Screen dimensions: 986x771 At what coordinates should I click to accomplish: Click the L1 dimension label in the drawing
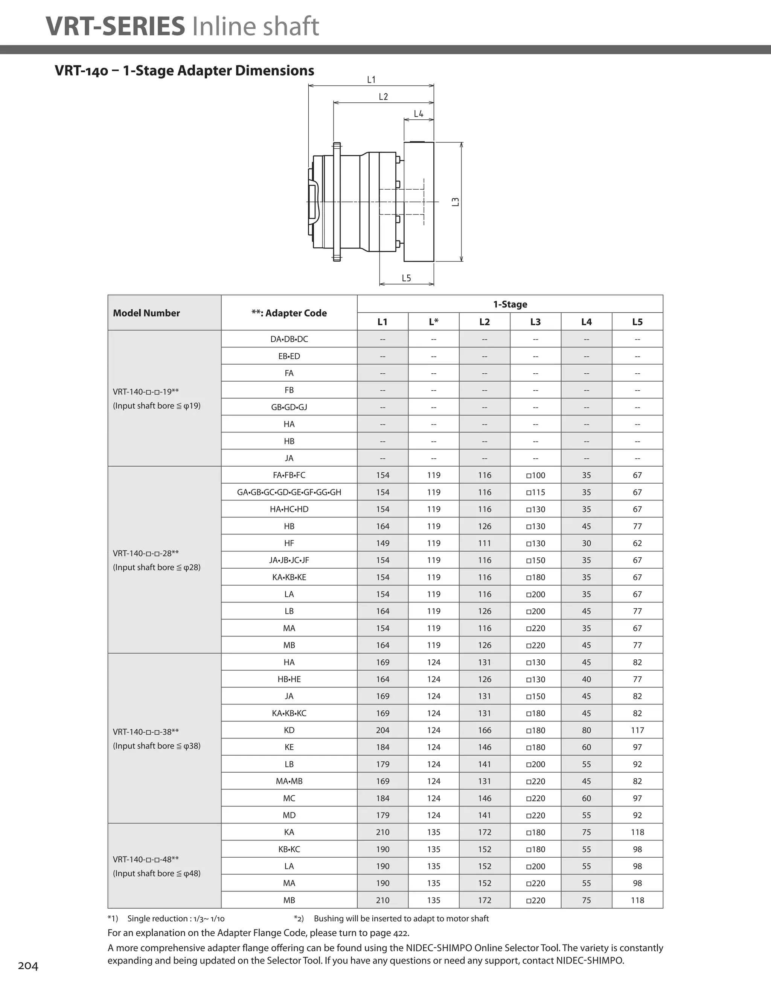pos(371,80)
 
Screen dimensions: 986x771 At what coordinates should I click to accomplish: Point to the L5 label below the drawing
pos(407,278)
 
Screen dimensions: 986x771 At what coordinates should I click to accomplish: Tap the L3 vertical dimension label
pos(456,202)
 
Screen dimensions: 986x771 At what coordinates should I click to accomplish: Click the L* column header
pos(434,322)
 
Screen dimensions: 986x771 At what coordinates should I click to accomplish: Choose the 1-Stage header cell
pos(510,304)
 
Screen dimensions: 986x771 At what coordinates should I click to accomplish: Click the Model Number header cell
pos(146,313)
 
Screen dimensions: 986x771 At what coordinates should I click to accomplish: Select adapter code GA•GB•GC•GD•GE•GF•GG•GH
pos(289,492)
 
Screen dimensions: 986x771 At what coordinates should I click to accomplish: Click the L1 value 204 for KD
pos(382,730)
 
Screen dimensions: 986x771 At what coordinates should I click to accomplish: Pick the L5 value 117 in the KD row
pos(637,730)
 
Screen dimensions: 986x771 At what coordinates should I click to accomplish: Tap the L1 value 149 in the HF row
pos(382,543)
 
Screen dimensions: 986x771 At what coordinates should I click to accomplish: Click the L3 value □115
pos(536,492)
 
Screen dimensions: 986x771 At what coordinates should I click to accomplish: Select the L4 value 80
pos(586,730)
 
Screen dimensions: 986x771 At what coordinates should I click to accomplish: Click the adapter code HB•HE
pos(289,679)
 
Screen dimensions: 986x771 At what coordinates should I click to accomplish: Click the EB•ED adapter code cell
pos(289,356)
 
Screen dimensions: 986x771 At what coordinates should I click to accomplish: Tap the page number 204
pos(28,966)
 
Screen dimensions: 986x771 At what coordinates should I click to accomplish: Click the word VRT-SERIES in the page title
pos(116,26)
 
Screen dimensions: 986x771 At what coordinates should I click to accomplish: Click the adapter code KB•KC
pos(289,849)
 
